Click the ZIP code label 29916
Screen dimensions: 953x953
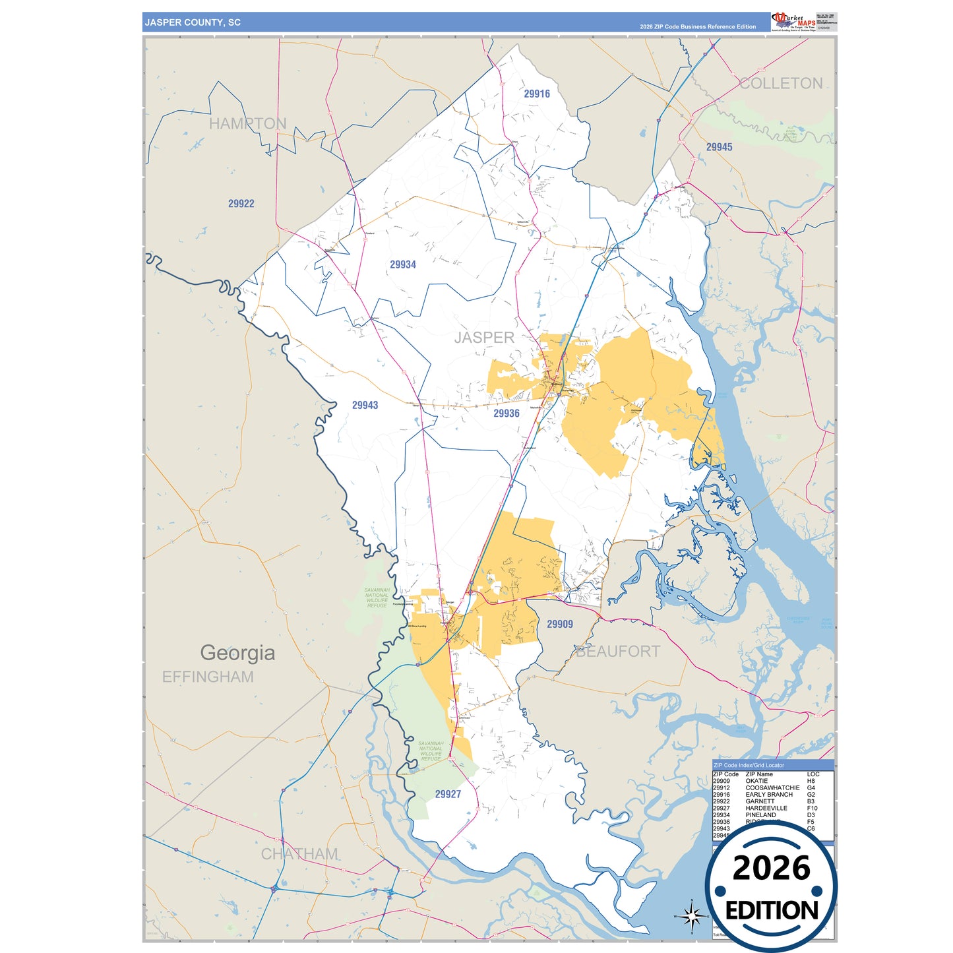[x=537, y=94]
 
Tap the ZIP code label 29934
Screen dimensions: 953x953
[x=403, y=265]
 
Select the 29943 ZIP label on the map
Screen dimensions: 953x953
[x=365, y=406]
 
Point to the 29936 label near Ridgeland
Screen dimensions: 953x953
[x=507, y=414]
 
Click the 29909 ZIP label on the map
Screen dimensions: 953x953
[x=560, y=625]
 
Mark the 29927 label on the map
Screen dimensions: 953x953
[x=448, y=795]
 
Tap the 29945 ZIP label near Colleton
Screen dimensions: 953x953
[x=719, y=148]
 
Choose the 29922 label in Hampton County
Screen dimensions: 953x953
[x=241, y=204]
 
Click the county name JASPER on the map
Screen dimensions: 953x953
[x=484, y=338]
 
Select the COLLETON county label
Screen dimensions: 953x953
[x=781, y=84]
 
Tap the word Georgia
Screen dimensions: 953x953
[x=237, y=653]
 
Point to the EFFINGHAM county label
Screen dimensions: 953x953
[x=208, y=677]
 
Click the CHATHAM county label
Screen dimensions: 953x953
[x=299, y=854]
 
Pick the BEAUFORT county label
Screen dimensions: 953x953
[x=618, y=652]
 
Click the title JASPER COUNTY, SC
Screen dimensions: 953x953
[x=193, y=22]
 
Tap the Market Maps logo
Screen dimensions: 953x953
[x=793, y=22]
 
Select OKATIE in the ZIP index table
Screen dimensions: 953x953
[x=756, y=781]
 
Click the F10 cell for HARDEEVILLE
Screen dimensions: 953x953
[x=812, y=808]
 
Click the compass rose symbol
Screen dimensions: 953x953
[x=691, y=915]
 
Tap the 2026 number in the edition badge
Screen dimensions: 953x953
[x=771, y=869]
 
